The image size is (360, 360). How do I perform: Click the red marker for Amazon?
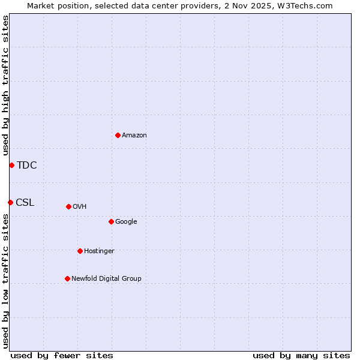point(118,135)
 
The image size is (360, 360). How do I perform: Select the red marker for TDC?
point(11,165)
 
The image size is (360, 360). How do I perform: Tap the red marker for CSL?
point(10,202)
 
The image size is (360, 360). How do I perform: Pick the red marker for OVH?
point(68,206)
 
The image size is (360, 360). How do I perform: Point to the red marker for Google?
point(111,221)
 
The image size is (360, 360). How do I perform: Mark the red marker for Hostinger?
point(80,251)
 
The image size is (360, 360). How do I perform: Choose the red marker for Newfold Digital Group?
point(67,278)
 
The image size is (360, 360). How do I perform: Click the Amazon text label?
point(134,136)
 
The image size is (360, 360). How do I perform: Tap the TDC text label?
point(27,166)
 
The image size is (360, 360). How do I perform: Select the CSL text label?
point(25,203)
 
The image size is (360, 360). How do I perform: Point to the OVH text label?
point(80,207)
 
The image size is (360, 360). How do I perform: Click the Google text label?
point(126,222)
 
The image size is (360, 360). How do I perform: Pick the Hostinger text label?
point(99,251)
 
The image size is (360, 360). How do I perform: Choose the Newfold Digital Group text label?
point(106,279)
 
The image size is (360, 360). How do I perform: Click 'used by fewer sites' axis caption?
point(62,356)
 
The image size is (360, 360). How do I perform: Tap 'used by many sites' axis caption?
point(301,356)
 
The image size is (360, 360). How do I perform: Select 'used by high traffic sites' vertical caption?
point(5,86)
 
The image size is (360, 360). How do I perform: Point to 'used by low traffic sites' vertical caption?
point(5,281)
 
